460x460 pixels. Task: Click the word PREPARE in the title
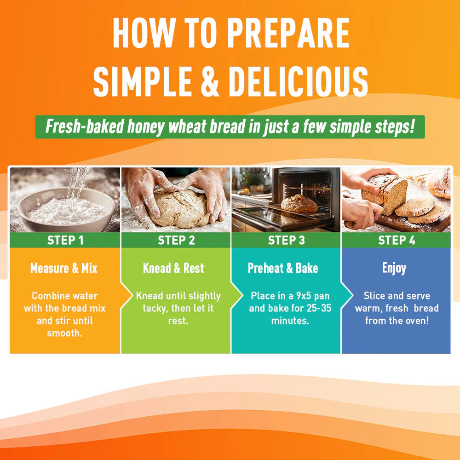point(288,33)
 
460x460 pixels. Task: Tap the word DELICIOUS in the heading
point(298,81)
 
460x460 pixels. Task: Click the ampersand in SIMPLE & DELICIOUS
point(210,81)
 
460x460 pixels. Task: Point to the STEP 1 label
point(65,240)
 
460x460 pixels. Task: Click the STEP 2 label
point(176,240)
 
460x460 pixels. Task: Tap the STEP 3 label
point(286,240)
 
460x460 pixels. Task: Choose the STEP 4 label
point(397,240)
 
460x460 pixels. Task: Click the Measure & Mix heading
point(63,268)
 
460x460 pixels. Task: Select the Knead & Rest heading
point(173,268)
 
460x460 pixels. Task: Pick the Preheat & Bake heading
point(283,268)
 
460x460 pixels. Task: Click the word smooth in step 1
point(63,333)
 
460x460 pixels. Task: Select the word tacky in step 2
point(155,309)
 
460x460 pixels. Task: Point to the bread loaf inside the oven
point(299,203)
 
